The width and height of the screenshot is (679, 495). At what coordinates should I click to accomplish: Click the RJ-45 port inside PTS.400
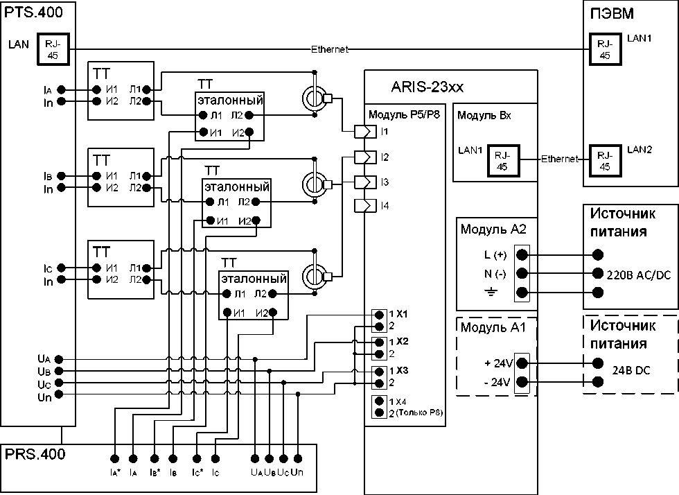(x=53, y=49)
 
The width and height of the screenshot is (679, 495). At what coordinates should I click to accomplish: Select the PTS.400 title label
(x=33, y=12)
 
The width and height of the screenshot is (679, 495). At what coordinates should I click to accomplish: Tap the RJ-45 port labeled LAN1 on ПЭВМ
(x=605, y=49)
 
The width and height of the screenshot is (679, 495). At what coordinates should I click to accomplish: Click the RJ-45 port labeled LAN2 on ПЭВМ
(x=605, y=161)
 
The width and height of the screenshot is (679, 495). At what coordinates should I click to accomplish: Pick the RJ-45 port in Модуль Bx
(x=503, y=161)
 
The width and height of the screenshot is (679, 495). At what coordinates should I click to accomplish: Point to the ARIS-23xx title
(x=427, y=87)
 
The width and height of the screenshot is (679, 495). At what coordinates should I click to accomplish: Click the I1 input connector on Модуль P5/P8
(x=365, y=131)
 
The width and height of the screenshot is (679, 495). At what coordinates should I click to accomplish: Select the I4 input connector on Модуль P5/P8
(x=365, y=205)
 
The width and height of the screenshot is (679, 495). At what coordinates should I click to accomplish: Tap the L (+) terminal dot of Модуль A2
(x=522, y=254)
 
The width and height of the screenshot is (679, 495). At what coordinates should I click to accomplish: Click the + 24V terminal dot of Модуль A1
(x=522, y=363)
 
